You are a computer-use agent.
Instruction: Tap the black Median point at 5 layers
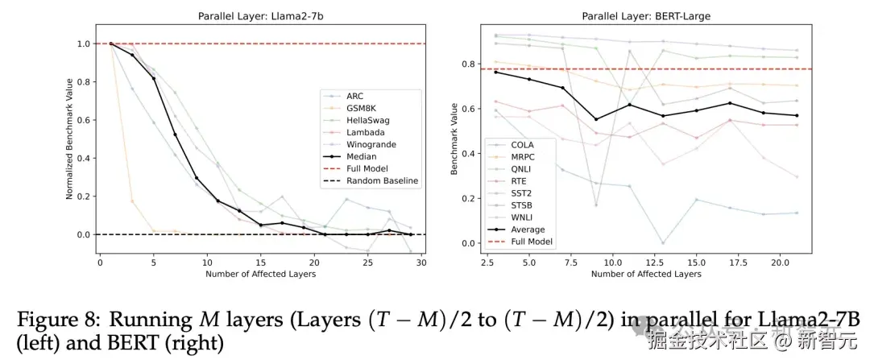coord(154,78)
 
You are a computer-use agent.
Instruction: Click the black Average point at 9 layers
coord(596,119)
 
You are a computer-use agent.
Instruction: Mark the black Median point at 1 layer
coord(110,43)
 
